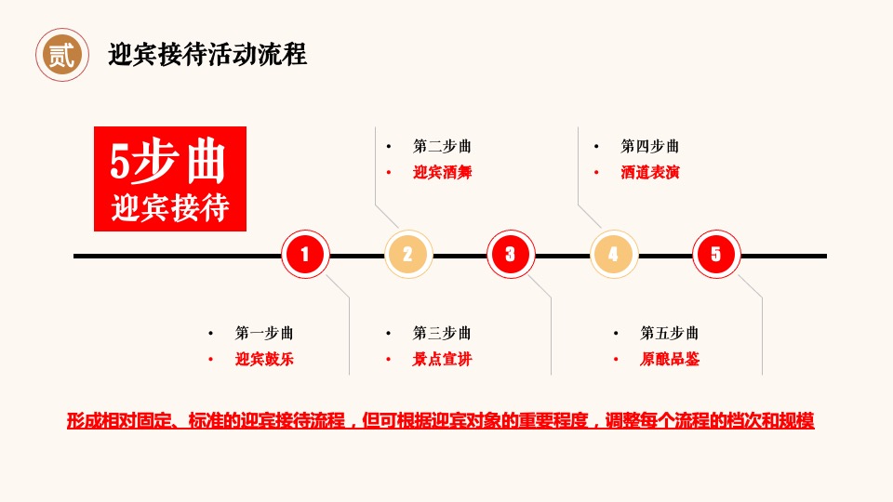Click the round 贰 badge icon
62,55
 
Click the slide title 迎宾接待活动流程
207,55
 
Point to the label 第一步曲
264,333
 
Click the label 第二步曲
442,146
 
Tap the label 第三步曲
442,333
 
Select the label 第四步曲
649,146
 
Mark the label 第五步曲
669,333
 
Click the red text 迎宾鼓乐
264,359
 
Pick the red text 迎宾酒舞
442,172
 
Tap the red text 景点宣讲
442,359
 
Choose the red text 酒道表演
649,172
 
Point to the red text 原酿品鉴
669,359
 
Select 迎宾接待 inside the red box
170,206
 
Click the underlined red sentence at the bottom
441,420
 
